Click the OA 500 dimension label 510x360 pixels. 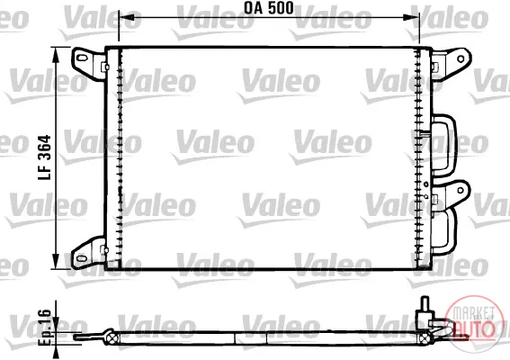pos(269,8)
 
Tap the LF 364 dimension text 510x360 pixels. pos(45,157)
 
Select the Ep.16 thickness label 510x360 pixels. pos(45,328)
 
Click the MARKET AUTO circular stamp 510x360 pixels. pos(474,323)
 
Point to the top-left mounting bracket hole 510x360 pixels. pos(82,58)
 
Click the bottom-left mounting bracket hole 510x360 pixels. pos(81,258)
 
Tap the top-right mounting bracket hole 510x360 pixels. pos(461,58)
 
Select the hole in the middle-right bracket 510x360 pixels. pos(461,190)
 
